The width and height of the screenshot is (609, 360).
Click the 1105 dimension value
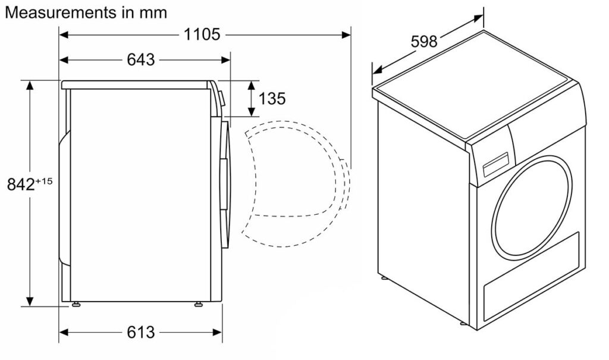(x=202, y=35)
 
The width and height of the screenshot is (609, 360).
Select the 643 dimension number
(x=140, y=60)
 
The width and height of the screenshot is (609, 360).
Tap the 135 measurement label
(x=272, y=98)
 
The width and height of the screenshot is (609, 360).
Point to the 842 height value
(x=21, y=184)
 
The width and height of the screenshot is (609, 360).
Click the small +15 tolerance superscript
(x=44, y=181)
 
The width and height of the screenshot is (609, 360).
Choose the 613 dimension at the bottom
(x=140, y=333)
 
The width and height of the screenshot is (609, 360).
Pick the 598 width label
(x=423, y=41)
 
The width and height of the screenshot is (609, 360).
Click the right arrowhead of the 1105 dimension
(x=347, y=35)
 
